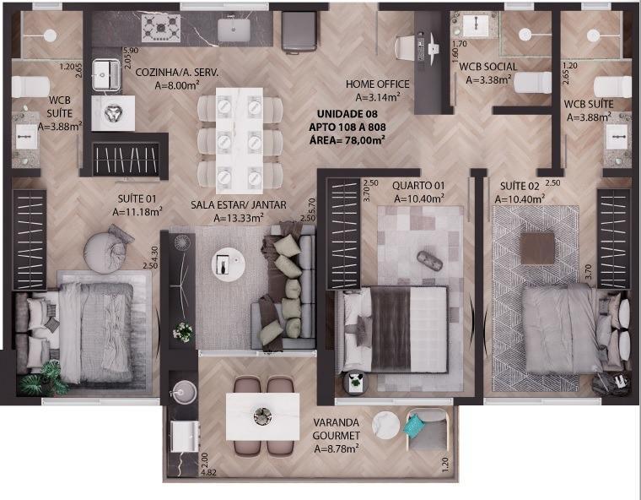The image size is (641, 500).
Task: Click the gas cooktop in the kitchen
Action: pyautogui.click(x=160, y=28)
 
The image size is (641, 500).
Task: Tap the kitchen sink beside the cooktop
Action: pyautogui.click(x=234, y=30)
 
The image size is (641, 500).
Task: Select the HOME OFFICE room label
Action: pyautogui.click(x=377, y=84)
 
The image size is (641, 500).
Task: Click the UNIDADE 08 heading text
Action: pyautogui.click(x=347, y=113)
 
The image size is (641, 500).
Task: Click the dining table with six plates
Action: pyautogui.click(x=240, y=140)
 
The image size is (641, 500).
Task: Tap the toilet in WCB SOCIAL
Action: pyautogui.click(x=532, y=82)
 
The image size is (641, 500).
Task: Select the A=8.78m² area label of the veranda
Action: pyautogui.click(x=337, y=448)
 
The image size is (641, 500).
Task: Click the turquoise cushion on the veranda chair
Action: pyautogui.click(x=414, y=426)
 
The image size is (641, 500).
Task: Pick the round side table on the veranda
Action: pyautogui.click(x=386, y=426)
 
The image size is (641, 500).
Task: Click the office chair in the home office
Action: pyautogui.click(x=406, y=47)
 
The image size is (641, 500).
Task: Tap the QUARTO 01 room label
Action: pyautogui.click(x=418, y=186)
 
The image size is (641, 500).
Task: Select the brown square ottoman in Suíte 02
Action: pyautogui.click(x=537, y=248)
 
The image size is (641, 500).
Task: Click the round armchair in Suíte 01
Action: pyautogui.click(x=105, y=251)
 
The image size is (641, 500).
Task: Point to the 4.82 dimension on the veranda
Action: pyautogui.click(x=208, y=472)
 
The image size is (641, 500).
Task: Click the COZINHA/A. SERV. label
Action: pyautogui.click(x=176, y=73)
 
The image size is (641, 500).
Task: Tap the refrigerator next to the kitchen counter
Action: pyautogui.click(x=299, y=31)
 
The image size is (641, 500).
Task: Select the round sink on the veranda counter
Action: pyautogui.click(x=184, y=392)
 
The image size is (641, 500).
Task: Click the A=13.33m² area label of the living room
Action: pyautogui.click(x=239, y=218)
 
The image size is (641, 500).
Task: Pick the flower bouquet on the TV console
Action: pyautogui.click(x=182, y=331)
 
